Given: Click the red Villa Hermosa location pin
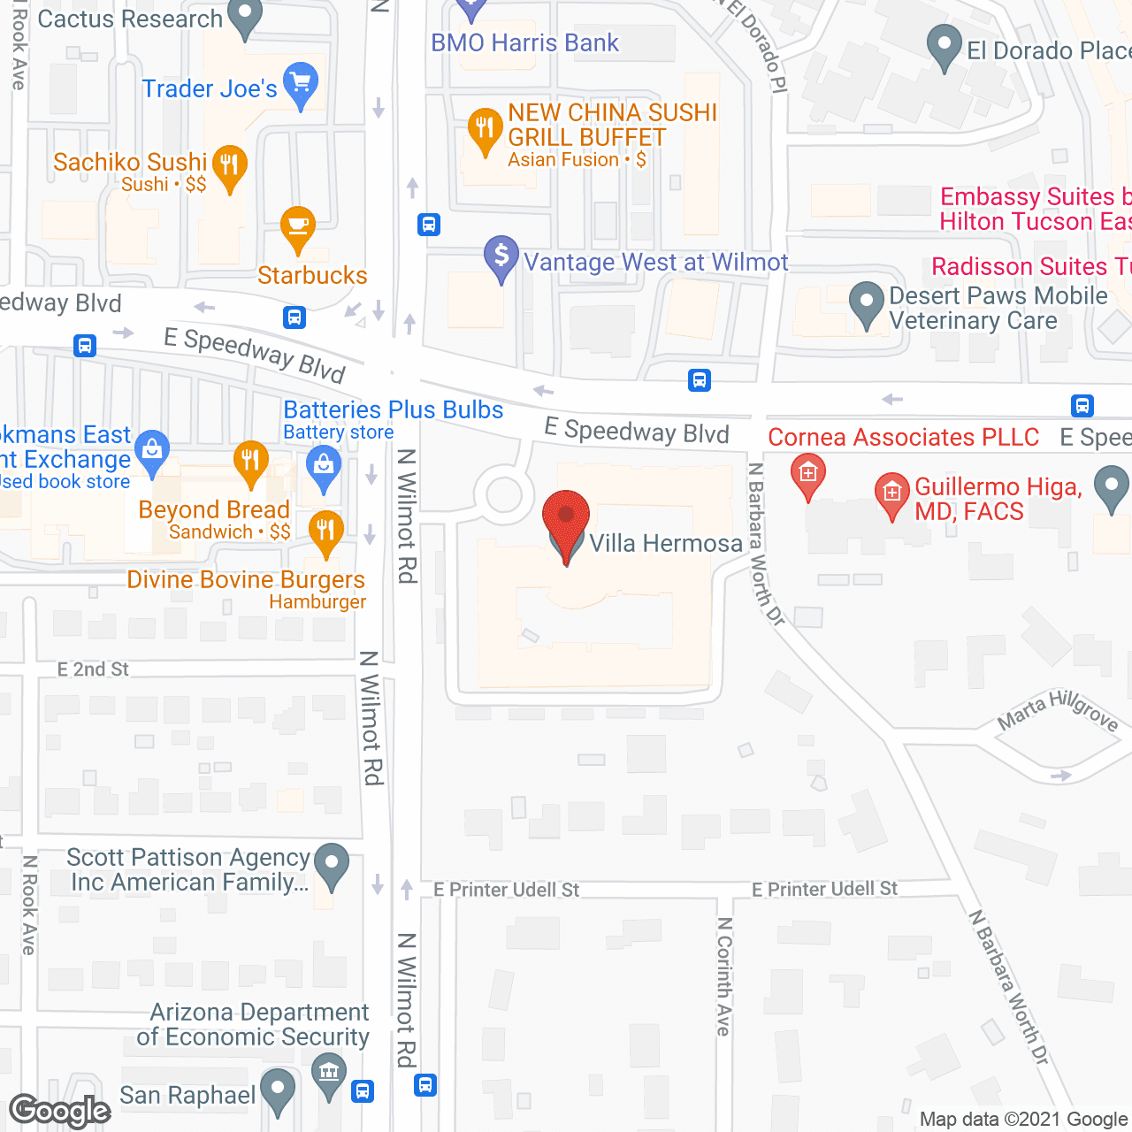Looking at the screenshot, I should pyautogui.click(x=565, y=518).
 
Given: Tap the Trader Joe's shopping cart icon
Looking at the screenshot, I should pyautogui.click(x=301, y=84).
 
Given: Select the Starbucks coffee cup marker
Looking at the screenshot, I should pyautogui.click(x=298, y=227).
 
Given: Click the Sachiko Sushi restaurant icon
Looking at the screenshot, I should pyautogui.click(x=229, y=165).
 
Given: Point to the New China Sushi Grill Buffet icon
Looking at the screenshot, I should pyautogui.click(x=485, y=129).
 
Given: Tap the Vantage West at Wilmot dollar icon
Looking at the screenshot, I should pyautogui.click(x=501, y=256).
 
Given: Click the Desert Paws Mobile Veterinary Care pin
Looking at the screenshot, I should pyautogui.click(x=867, y=303).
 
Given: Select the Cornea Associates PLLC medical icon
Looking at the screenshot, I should pyautogui.click(x=807, y=475).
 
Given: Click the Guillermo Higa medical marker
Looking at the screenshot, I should pyautogui.click(x=891, y=493).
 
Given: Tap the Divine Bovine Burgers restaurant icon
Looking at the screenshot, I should pyautogui.click(x=326, y=532).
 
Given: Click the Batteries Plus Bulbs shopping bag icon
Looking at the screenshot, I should pyautogui.click(x=324, y=465).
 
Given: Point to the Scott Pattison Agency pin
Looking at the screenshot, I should pyautogui.click(x=332, y=864).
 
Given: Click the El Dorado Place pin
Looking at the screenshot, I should pyautogui.click(x=945, y=46).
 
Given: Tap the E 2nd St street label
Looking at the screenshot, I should pyautogui.click(x=93, y=669).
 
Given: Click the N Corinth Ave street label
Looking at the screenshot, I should pyautogui.click(x=724, y=976).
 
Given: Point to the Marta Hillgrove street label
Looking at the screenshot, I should pyautogui.click(x=1058, y=712).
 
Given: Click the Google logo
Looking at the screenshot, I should pyautogui.click(x=60, y=1111).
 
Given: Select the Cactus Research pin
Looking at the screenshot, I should pyautogui.click(x=245, y=16).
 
